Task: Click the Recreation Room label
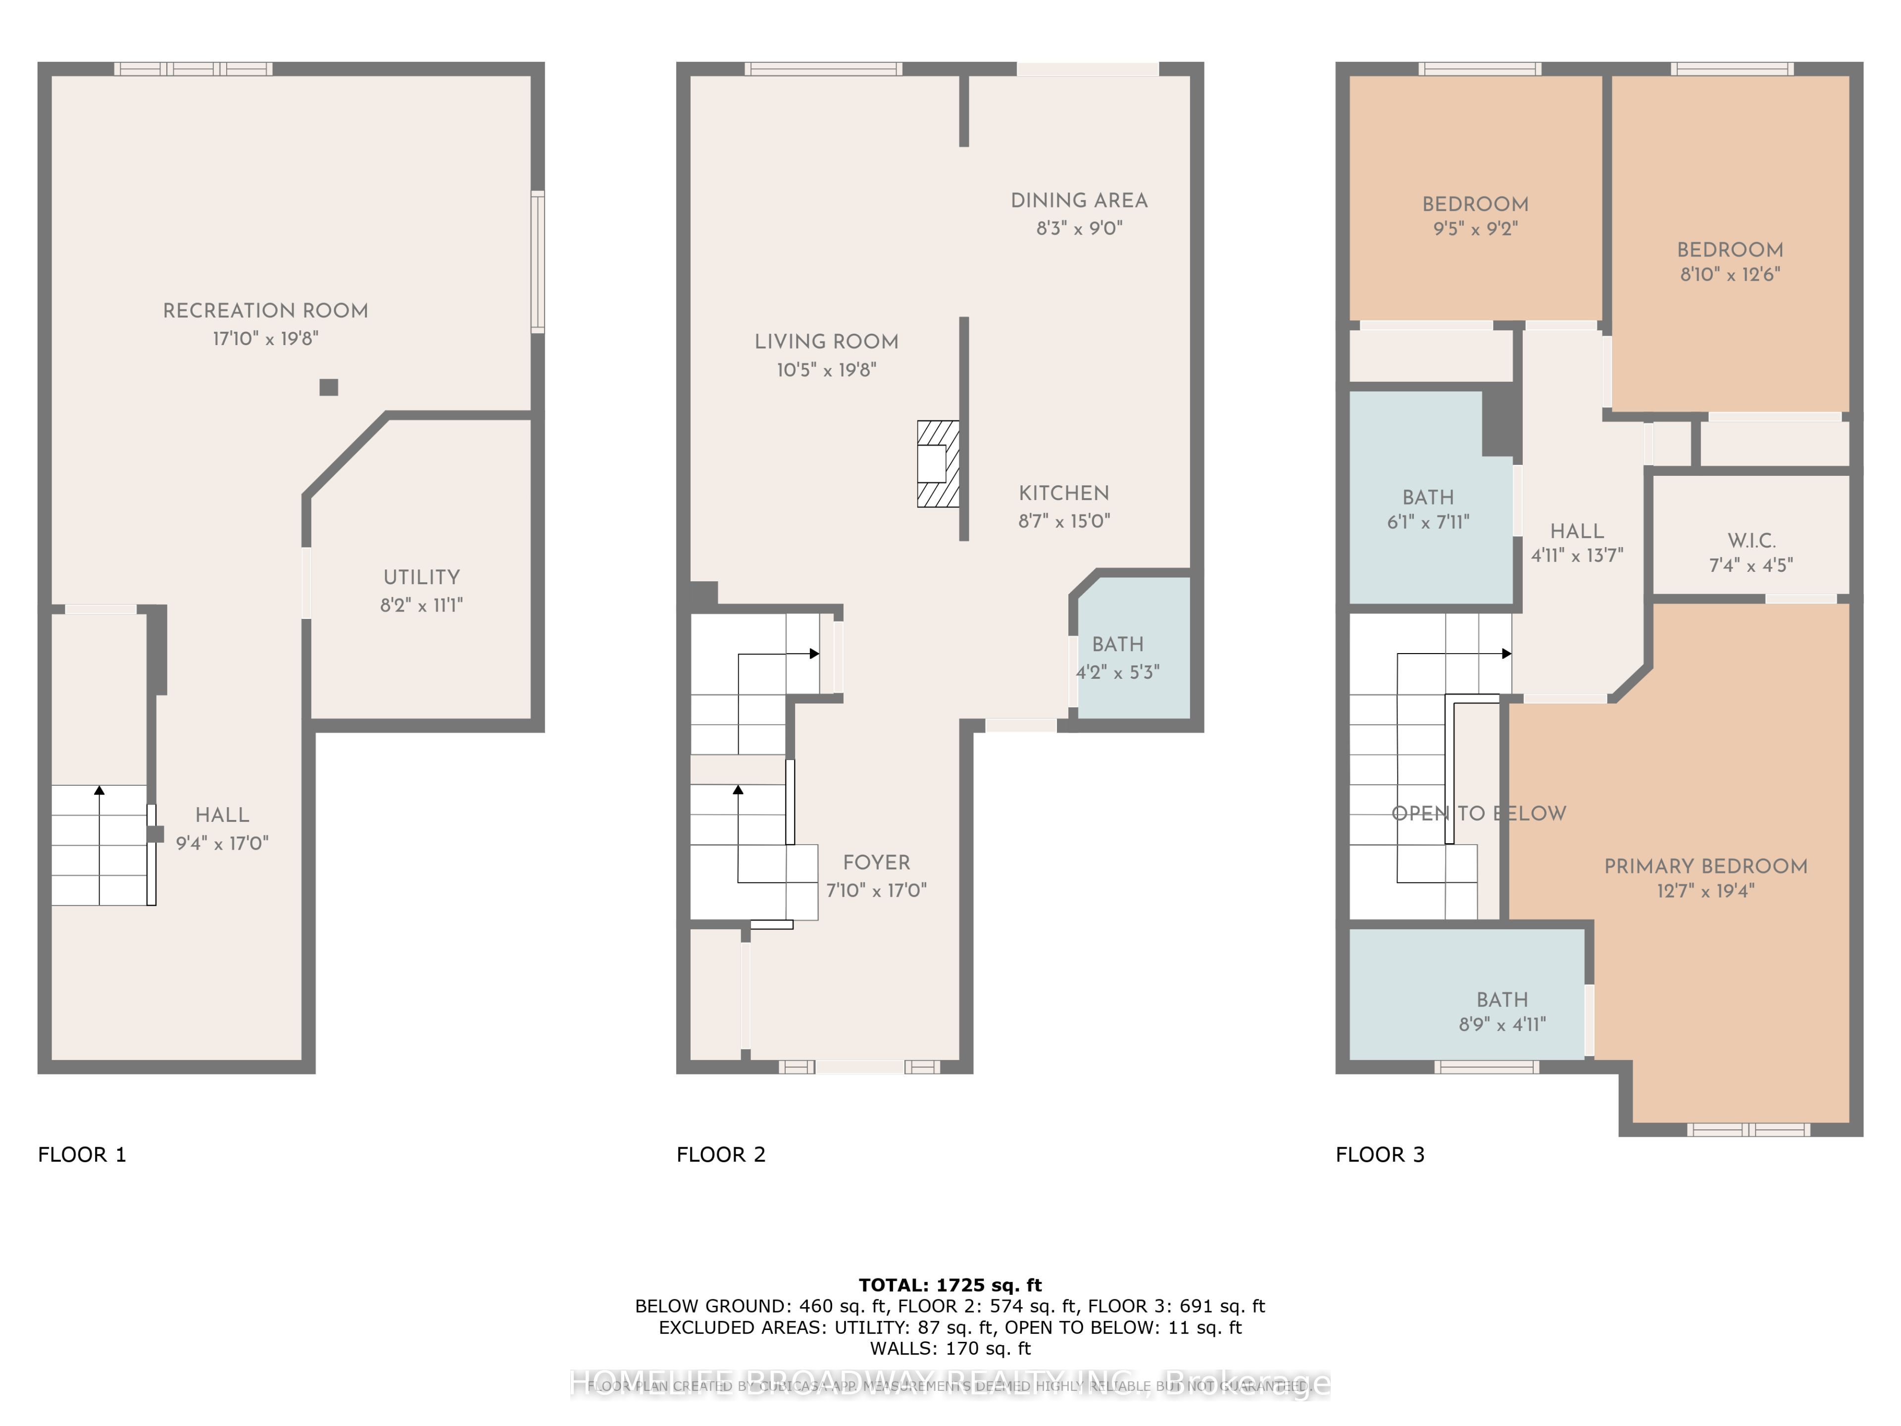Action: (265, 310)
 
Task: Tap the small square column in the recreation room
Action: (328, 387)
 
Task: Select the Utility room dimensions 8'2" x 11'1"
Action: (421, 605)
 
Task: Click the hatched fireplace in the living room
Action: (938, 463)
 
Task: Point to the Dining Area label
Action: (1079, 200)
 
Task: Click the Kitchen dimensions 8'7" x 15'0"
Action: (1064, 521)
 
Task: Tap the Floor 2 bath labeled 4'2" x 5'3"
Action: (1117, 658)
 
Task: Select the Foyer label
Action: (876, 862)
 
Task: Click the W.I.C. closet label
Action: (1751, 541)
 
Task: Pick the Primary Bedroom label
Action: (1705, 866)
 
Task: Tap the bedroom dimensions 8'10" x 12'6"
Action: (1730, 274)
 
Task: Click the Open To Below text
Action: (1478, 813)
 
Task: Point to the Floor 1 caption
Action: (82, 1154)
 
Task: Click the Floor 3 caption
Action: (1379, 1154)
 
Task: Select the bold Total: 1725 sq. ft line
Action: (950, 1285)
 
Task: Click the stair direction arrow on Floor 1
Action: (100, 791)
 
